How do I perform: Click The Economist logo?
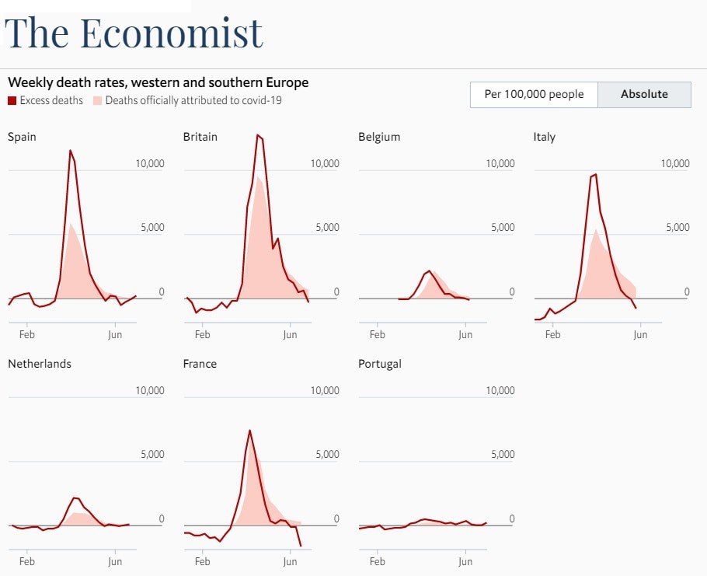[134, 33]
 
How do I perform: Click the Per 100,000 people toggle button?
[533, 94]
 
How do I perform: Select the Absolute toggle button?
[644, 94]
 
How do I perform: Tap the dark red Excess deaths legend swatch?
[12, 100]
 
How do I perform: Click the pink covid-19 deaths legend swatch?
[98, 100]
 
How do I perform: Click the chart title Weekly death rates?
[158, 82]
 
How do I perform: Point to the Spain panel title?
[22, 137]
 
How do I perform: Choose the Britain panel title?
[200, 137]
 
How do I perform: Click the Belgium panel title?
[379, 137]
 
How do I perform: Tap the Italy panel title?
[545, 137]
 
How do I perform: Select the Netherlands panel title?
[40, 364]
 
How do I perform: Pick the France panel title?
[200, 364]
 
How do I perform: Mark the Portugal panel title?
[380, 364]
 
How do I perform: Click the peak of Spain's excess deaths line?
[70, 150]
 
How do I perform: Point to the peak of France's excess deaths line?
[249, 430]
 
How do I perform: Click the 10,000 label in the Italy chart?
[675, 163]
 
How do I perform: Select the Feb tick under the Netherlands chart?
[26, 561]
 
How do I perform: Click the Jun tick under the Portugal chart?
[465, 561]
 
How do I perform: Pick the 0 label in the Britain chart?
[336, 292]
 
